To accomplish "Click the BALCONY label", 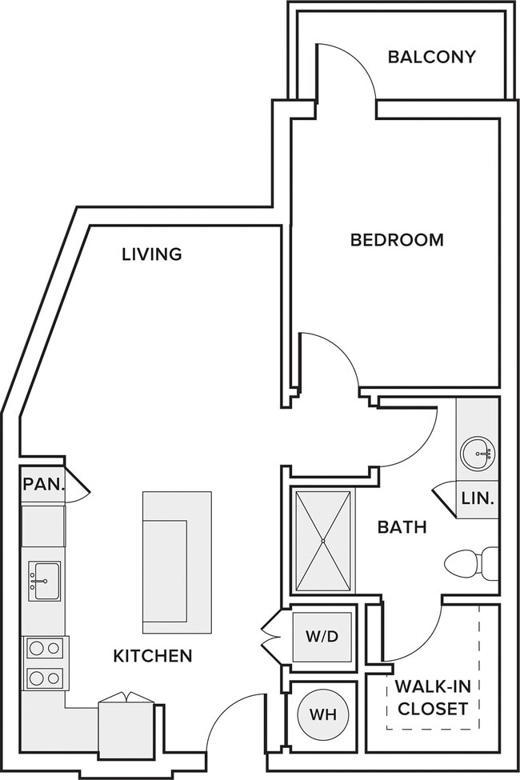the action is click(431, 58).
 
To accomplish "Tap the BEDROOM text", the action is click(397, 240).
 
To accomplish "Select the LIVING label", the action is click(152, 254).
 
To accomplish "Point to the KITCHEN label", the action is click(153, 656).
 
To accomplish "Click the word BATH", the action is click(402, 526).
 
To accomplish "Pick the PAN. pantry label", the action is click(44, 484).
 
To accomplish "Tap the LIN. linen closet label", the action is click(478, 498).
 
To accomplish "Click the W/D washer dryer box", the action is click(322, 637).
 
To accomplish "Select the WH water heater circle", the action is click(323, 715).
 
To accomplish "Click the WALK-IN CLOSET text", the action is click(433, 698).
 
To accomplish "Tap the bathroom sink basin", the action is click(478, 453).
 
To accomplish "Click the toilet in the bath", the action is click(471, 564).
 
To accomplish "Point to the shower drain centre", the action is click(323, 541).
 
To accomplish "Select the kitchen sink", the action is click(44, 581).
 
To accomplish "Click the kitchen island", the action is click(177, 562).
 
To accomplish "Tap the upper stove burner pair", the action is click(45, 648).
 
